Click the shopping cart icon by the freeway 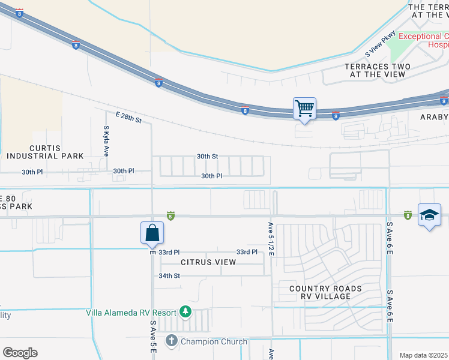(x=304, y=109)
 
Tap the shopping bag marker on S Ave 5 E (x=152, y=233)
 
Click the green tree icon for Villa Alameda (x=185, y=312)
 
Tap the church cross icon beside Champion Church (x=171, y=341)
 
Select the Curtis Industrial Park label (x=45, y=152)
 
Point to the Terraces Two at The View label (x=378, y=70)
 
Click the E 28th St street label (x=128, y=117)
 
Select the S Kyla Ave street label (x=106, y=141)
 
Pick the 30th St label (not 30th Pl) (x=207, y=156)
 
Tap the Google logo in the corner (x=19, y=353)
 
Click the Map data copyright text (x=423, y=355)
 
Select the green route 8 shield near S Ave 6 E (x=408, y=215)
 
